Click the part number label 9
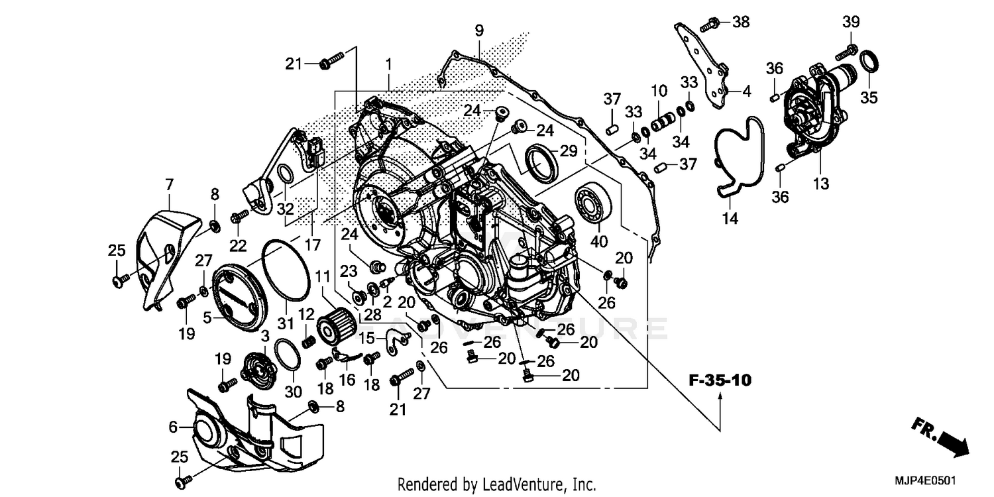click(x=478, y=30)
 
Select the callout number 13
click(x=821, y=184)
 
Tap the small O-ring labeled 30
click(x=286, y=355)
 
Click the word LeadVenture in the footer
click(x=517, y=484)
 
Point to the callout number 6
click(x=173, y=427)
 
